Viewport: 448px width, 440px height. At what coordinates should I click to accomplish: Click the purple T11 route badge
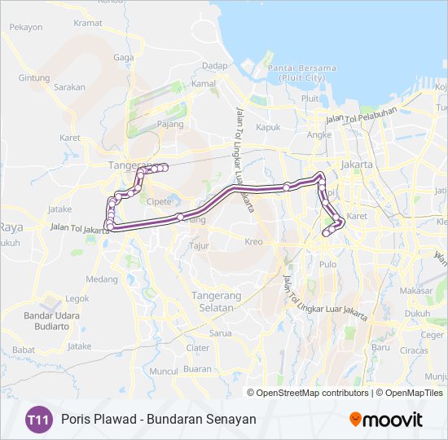coord(37,420)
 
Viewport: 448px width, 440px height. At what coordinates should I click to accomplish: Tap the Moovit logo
coord(386,420)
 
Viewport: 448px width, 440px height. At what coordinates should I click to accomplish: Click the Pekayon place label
coord(25,27)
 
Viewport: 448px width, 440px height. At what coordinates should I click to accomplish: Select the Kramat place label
coord(88,23)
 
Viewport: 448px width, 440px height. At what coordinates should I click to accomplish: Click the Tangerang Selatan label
coord(212,301)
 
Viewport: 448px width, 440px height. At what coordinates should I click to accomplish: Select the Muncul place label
coord(164,371)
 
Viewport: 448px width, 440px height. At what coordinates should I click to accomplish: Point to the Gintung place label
coord(34,78)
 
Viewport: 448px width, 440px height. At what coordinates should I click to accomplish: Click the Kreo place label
coord(253,241)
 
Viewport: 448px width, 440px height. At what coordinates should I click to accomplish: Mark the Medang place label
coord(102,279)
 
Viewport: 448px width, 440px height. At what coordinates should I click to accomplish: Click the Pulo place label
coord(328,264)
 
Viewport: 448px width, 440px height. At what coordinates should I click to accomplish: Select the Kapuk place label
coord(268,127)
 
